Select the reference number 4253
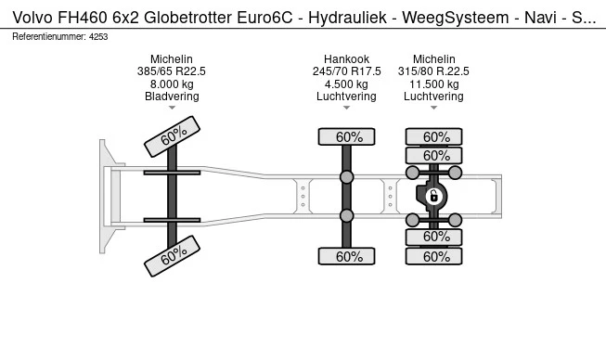(x=98, y=37)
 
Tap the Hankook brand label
(x=346, y=59)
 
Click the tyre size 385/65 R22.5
(x=171, y=71)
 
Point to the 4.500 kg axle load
(x=346, y=84)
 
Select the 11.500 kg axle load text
(x=433, y=84)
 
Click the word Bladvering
(x=172, y=96)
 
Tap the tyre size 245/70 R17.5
(x=346, y=71)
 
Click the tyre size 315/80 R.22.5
(x=433, y=71)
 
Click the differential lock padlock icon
(x=433, y=197)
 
